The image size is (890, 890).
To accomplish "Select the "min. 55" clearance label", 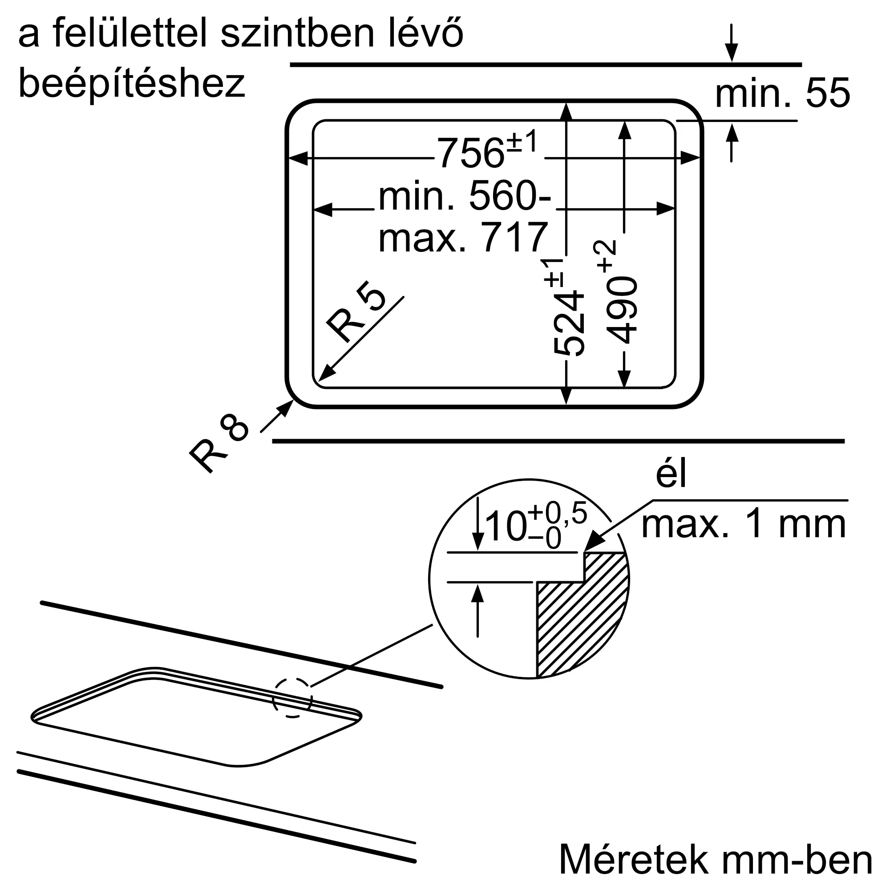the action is [x=782, y=93].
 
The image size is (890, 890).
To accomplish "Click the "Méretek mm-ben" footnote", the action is [x=716, y=860].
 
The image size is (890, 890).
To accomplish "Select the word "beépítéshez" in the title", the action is [x=132, y=84].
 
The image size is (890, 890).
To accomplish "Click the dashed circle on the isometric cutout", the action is [x=292, y=704].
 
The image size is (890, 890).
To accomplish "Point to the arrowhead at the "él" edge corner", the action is [x=593, y=542].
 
